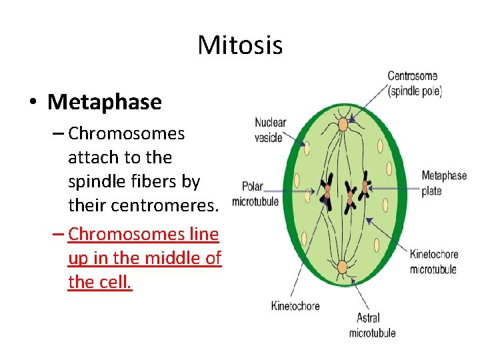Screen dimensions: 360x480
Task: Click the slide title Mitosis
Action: (240, 46)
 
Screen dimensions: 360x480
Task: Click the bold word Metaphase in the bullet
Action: (105, 102)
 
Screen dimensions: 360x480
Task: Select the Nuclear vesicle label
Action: (270, 130)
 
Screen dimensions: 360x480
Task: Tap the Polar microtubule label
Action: (255, 194)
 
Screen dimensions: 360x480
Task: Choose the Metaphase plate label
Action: (443, 183)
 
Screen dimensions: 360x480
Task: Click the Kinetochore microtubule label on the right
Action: (433, 261)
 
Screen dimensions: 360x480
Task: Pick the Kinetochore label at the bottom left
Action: (295, 306)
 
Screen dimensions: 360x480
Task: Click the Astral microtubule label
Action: (372, 325)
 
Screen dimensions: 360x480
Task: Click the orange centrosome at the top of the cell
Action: (343, 124)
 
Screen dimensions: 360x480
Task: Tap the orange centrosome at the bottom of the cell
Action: (342, 268)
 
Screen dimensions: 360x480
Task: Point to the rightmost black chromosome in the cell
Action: (365, 188)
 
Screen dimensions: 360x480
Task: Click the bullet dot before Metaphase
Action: (31, 103)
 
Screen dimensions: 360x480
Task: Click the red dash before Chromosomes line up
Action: (57, 235)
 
